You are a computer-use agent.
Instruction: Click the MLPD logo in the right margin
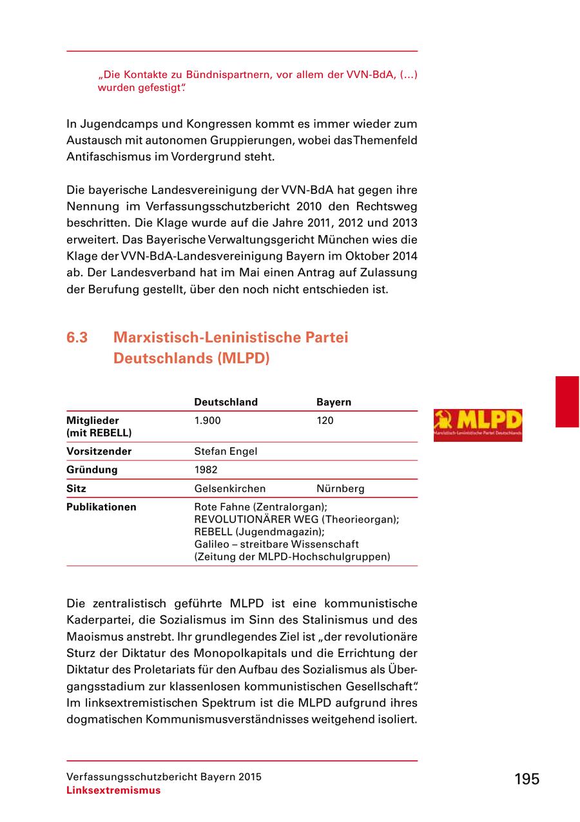pos(478,425)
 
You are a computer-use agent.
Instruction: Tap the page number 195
pos(527,779)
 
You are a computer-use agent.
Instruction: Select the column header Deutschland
pos(226,402)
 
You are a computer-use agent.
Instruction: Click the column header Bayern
pos(333,402)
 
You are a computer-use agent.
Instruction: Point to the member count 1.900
pos(208,421)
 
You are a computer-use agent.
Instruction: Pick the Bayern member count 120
pos(325,421)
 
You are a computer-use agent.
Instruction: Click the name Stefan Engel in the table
pos(226,452)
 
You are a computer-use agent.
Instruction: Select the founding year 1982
pos(206,470)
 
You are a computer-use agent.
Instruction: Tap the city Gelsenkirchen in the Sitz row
pos(230,488)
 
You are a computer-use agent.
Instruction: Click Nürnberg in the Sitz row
pos(340,488)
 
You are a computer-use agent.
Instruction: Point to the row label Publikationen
pos(101,507)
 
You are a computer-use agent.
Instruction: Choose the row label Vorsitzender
pos(99,452)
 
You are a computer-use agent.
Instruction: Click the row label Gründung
pos(92,470)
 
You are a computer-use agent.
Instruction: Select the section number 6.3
pos(77,338)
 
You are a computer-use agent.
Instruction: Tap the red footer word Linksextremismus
pos(113,790)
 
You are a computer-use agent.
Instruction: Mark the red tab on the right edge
pos(567,402)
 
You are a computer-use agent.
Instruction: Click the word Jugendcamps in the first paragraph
pos(111,123)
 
